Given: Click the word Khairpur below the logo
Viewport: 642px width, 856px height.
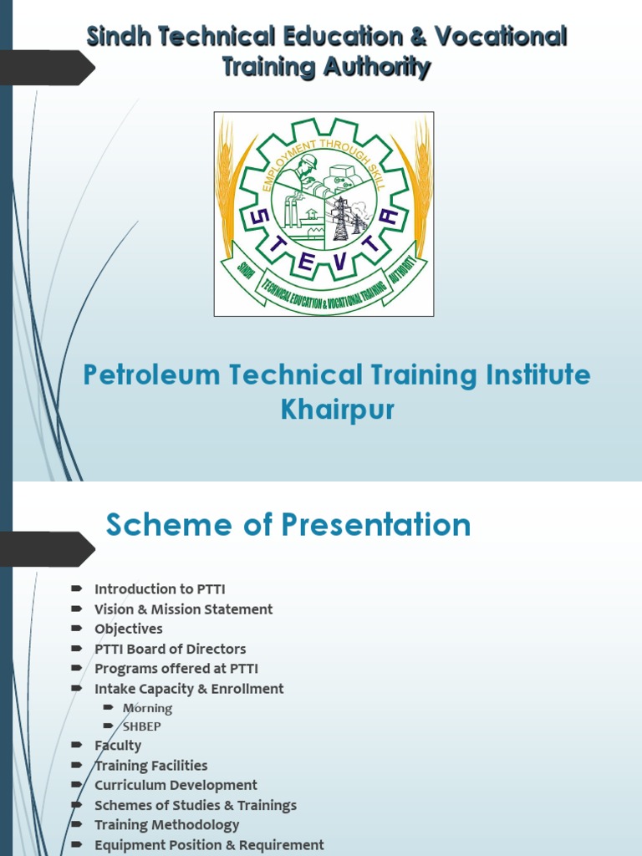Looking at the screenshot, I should (x=337, y=410).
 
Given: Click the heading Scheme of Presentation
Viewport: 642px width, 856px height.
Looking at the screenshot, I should (x=288, y=525).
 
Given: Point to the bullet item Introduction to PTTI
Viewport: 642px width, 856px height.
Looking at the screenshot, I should (x=160, y=589).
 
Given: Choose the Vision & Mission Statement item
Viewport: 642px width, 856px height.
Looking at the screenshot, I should (x=183, y=609).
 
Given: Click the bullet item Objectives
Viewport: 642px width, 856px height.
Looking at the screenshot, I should (x=128, y=629).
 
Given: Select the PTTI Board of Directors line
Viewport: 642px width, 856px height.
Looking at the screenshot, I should (x=170, y=649).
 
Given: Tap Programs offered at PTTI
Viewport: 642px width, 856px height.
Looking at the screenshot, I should (x=176, y=669).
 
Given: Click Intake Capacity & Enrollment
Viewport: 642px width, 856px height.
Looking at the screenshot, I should (x=189, y=689).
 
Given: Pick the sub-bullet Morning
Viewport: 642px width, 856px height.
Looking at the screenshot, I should (x=147, y=708).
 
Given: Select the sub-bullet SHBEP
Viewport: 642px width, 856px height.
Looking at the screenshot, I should (x=141, y=726).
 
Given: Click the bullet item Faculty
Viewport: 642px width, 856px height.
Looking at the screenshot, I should (x=118, y=746).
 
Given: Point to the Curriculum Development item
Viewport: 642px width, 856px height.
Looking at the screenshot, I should (x=176, y=785).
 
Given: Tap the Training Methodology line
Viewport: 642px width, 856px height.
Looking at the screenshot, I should (x=166, y=825).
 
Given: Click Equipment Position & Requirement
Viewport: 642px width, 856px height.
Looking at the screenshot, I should (x=209, y=845).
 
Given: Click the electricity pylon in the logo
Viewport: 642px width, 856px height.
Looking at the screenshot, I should (x=341, y=219).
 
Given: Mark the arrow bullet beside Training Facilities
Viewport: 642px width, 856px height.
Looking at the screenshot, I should (x=77, y=765).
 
